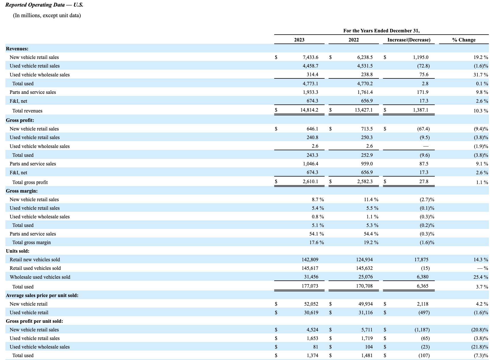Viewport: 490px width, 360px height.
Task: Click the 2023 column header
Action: tap(299, 40)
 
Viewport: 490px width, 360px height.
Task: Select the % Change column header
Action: tap(464, 40)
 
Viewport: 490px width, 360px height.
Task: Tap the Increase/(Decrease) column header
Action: tap(409, 40)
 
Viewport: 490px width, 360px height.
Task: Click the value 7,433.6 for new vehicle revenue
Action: tap(310, 57)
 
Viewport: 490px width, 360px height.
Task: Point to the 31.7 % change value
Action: tap(481, 75)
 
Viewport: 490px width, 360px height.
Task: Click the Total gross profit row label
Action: tap(30, 182)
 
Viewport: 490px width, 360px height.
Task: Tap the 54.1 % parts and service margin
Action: tap(316, 234)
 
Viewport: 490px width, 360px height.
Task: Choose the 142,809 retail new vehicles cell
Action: tap(310, 260)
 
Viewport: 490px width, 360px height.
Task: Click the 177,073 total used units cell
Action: tap(310, 286)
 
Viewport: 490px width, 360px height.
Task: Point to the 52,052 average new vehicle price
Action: tap(311, 304)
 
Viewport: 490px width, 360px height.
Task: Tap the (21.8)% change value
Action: tap(480, 347)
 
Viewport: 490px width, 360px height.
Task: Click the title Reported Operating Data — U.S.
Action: tap(44, 5)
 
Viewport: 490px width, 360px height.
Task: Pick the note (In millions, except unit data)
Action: tap(47, 15)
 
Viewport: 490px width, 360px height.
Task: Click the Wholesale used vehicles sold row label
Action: tap(40, 277)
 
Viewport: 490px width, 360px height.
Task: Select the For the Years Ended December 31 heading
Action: tap(381, 31)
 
